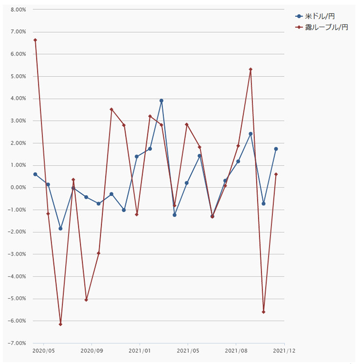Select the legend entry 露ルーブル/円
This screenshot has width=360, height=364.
pos(323,27)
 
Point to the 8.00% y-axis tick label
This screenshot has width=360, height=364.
pos(18,10)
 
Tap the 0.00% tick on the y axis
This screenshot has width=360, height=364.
pos(18,188)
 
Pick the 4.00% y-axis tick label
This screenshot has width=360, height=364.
pos(18,99)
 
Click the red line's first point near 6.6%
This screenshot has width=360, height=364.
pos(35,40)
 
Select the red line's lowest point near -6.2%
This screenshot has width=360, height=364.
pos(60,324)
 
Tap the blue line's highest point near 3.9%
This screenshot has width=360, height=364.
pos(162,101)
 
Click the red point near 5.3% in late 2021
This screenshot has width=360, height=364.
pos(251,69)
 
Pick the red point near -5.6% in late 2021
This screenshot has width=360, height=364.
pos(263,312)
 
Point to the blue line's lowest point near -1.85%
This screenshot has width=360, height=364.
pos(60,228)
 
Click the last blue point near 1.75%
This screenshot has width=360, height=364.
pos(276,149)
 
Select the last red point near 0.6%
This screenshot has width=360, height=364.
pos(276,174)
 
